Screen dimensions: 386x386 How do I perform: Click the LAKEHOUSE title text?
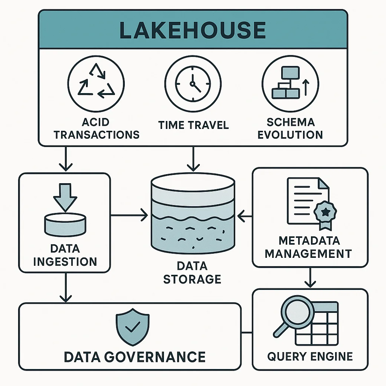click(x=193, y=31)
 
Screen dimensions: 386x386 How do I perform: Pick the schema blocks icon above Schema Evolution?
click(x=289, y=81)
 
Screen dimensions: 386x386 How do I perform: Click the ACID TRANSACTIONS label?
click(x=96, y=128)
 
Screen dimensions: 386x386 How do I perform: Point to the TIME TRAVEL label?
click(x=193, y=125)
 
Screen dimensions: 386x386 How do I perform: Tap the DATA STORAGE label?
click(x=192, y=272)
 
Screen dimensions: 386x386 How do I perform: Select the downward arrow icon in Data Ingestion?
click(x=64, y=196)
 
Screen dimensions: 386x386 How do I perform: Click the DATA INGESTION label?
click(x=65, y=255)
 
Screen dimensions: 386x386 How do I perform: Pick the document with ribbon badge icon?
click(x=308, y=203)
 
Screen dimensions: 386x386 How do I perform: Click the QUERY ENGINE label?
click(x=310, y=356)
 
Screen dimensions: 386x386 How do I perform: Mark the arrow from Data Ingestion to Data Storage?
click(x=129, y=216)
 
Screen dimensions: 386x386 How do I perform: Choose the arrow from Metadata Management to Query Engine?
click(x=310, y=278)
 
